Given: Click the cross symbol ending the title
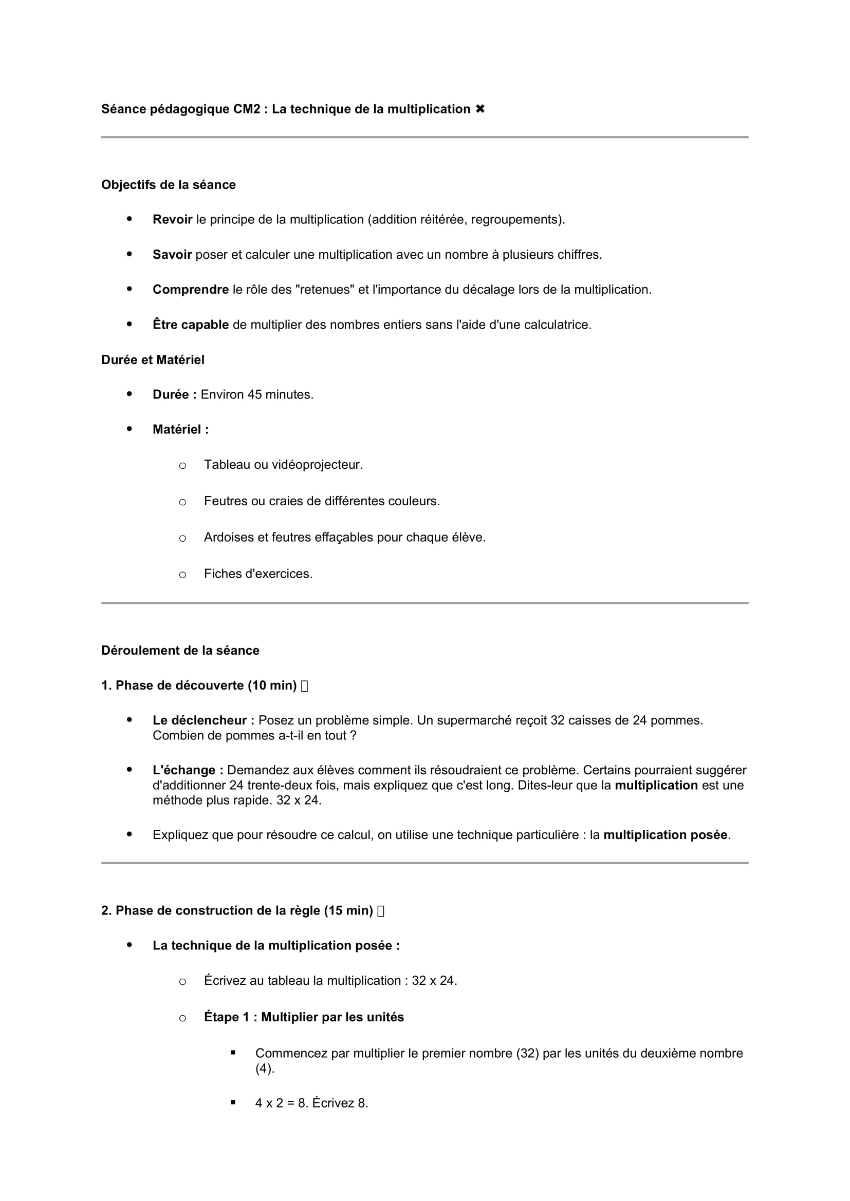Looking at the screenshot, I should coord(480,109).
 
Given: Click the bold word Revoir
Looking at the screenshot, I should coord(172,220).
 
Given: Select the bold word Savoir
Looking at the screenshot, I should coord(172,255).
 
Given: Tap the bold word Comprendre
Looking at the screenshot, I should coord(191,290).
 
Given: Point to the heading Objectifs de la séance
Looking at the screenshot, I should coord(168,185).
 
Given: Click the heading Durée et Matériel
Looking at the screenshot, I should coord(152,360).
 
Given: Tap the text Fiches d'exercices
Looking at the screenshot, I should coord(258,574).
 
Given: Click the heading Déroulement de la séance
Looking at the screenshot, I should coord(180,650).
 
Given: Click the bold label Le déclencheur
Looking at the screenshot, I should coord(202,720).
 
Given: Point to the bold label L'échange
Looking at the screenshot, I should coord(188,770).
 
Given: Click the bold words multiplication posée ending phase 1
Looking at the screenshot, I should coord(665,835).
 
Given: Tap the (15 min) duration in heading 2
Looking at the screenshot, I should coord(348,911).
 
